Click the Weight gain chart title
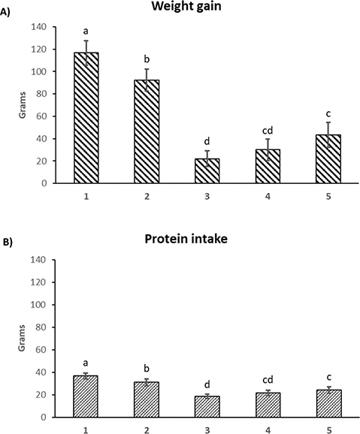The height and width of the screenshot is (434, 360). click(198, 8)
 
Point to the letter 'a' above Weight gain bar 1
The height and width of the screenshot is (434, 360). click(86, 32)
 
